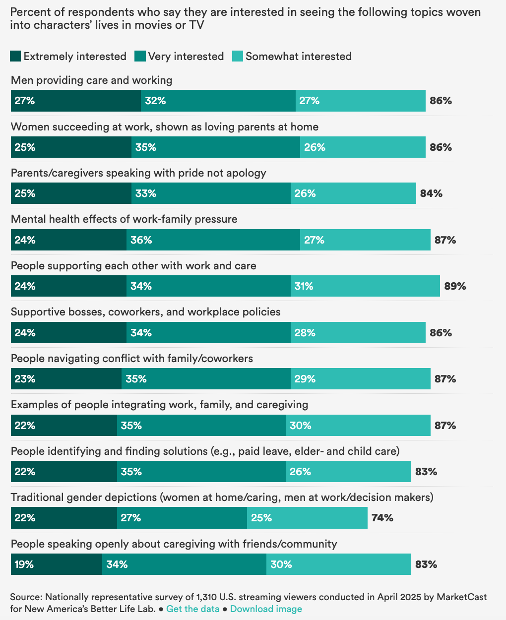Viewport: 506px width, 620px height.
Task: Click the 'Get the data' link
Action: (x=192, y=609)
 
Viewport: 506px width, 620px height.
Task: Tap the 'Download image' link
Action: (x=266, y=609)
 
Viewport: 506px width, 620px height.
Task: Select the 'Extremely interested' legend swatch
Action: (x=15, y=56)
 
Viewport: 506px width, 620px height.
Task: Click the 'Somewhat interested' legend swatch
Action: (x=238, y=56)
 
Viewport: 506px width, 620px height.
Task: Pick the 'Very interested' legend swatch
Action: (x=140, y=56)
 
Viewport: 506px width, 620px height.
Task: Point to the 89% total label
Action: (x=455, y=286)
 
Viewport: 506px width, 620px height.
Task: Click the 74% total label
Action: (x=382, y=518)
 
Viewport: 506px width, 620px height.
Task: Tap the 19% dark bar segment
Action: (x=57, y=564)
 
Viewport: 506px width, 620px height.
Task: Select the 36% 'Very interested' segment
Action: (x=213, y=240)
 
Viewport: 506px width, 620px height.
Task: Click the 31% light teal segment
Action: (x=365, y=286)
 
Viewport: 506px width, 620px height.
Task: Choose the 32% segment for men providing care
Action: (x=218, y=101)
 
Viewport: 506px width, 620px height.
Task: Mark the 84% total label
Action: (x=431, y=193)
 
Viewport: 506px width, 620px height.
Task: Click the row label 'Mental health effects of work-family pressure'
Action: (x=124, y=219)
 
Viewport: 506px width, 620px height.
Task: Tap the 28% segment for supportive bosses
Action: (x=358, y=332)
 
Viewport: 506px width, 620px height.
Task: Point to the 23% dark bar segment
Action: (x=66, y=378)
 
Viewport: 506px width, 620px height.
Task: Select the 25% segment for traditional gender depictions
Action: (x=307, y=518)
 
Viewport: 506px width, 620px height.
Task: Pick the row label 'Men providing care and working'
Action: (x=91, y=80)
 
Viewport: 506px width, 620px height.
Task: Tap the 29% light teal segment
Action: (x=361, y=378)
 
